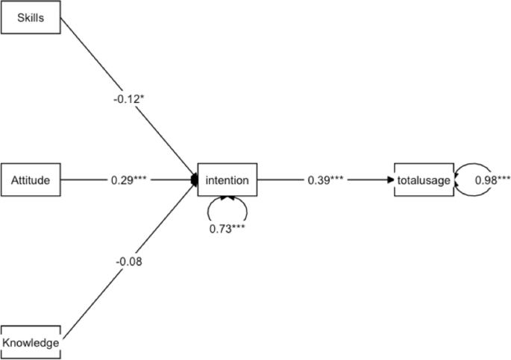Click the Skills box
pyautogui.click(x=30, y=19)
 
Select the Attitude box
pyautogui.click(x=30, y=180)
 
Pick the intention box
pyautogui.click(x=227, y=180)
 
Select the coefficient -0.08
pyautogui.click(x=128, y=261)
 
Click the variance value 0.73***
pyautogui.click(x=227, y=226)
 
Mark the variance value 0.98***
pyautogui.click(x=492, y=180)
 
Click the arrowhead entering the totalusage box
pyautogui.click(x=390, y=180)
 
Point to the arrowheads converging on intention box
pyautogui.click(x=194, y=180)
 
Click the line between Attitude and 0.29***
pyautogui.click(x=82, y=180)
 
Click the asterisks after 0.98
pyautogui.click(x=503, y=178)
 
